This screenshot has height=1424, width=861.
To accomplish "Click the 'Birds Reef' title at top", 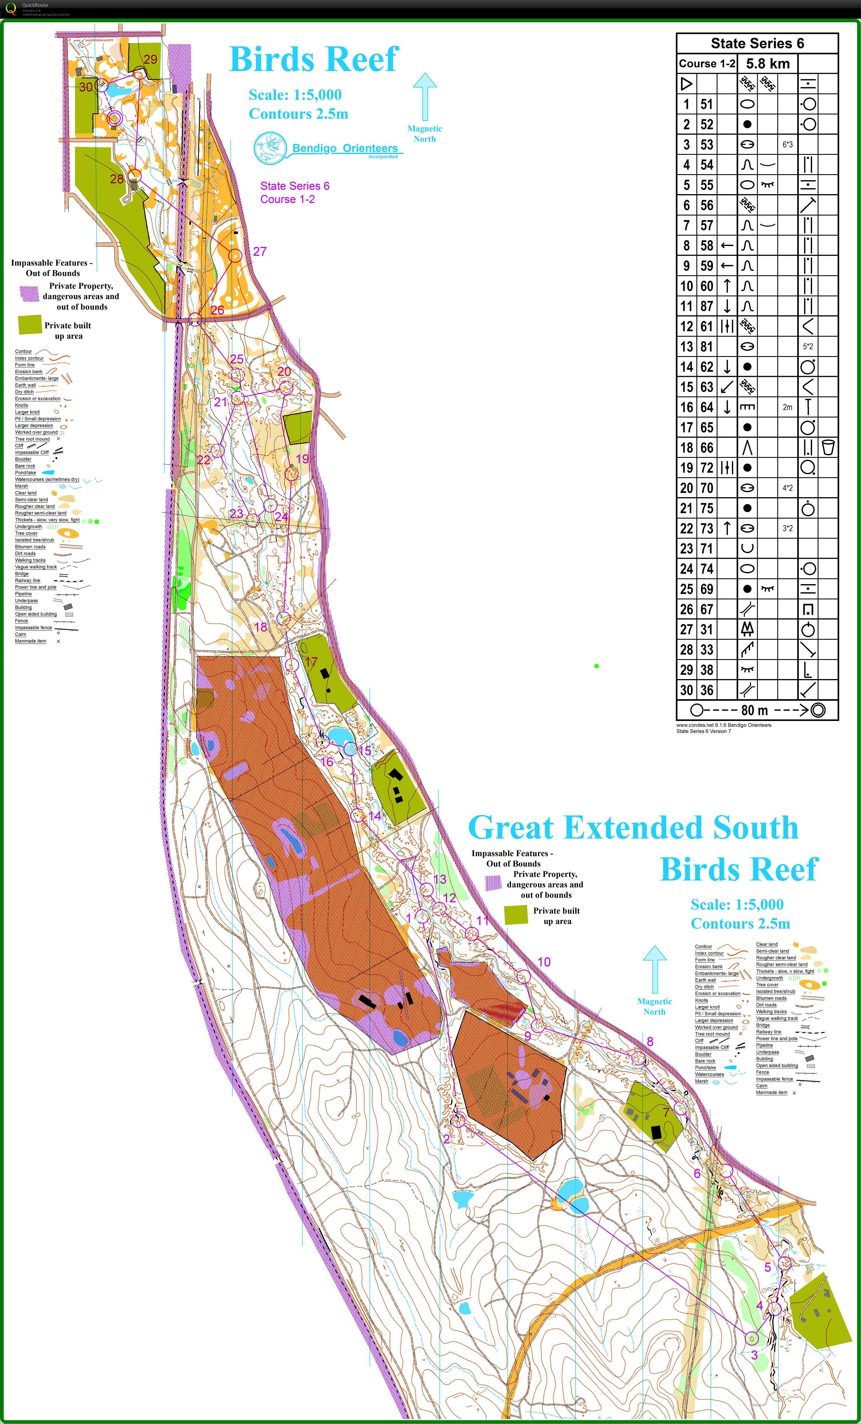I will click(x=314, y=59).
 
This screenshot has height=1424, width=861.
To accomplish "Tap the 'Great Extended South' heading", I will click(x=633, y=828).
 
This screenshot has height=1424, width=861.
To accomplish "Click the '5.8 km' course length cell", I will click(x=767, y=64).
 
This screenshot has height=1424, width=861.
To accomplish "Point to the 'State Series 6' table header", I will click(x=757, y=43).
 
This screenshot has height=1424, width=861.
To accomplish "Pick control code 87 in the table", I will click(x=707, y=306).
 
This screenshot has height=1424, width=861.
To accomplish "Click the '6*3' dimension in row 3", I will click(x=788, y=145).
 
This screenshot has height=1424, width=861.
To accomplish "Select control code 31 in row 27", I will click(x=707, y=629).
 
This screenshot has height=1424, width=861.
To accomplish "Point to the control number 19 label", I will click(x=302, y=459).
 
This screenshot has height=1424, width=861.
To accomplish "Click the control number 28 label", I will click(x=117, y=179).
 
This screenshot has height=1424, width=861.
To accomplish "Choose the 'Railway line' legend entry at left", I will click(x=28, y=580).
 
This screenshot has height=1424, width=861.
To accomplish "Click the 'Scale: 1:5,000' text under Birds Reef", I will click(x=295, y=95).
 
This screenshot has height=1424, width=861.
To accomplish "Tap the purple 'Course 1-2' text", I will click(x=287, y=199).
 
